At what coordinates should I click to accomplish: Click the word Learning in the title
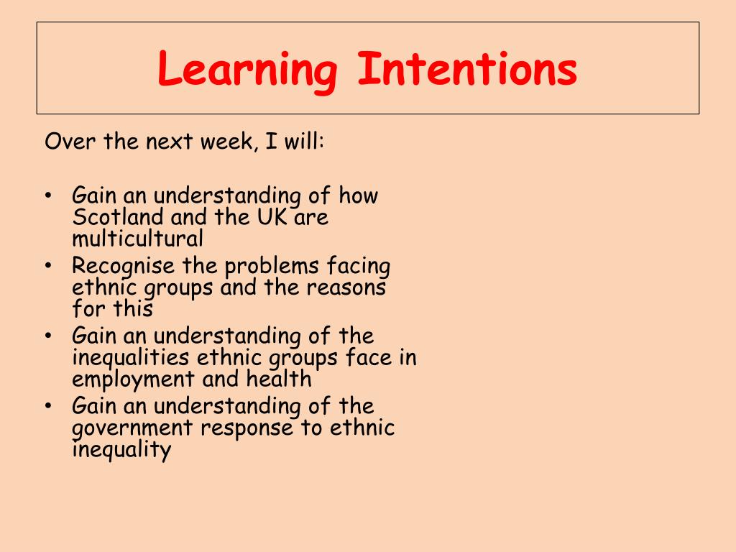247,70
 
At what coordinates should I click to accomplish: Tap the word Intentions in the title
466,69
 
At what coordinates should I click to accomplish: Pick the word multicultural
137,238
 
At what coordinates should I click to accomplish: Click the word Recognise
123,267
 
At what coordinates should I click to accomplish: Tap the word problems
272,267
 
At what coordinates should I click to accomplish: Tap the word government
133,429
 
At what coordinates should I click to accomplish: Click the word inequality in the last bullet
121,450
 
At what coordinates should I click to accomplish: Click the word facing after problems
359,267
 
